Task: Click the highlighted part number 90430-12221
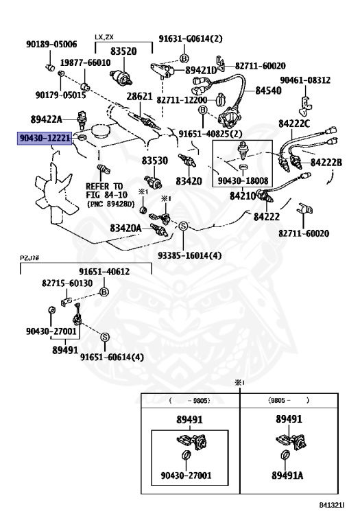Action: (x=45, y=138)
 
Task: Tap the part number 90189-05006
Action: (x=51, y=44)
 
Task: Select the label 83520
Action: (x=123, y=51)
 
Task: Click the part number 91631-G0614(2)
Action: (x=191, y=38)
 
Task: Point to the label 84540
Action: (x=268, y=91)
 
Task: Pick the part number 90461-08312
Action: (x=305, y=80)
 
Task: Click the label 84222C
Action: (x=294, y=124)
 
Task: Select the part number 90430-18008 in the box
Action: (x=243, y=181)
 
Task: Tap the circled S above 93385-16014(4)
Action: (x=183, y=226)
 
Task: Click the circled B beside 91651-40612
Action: (x=104, y=292)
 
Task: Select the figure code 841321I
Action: (x=332, y=504)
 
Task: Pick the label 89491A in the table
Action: (x=287, y=476)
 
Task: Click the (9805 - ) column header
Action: (x=289, y=400)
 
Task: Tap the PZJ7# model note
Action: (x=29, y=258)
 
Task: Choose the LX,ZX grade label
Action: (x=104, y=37)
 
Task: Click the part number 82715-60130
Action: (x=67, y=283)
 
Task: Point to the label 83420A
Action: (x=125, y=229)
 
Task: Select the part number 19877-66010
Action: (x=85, y=62)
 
